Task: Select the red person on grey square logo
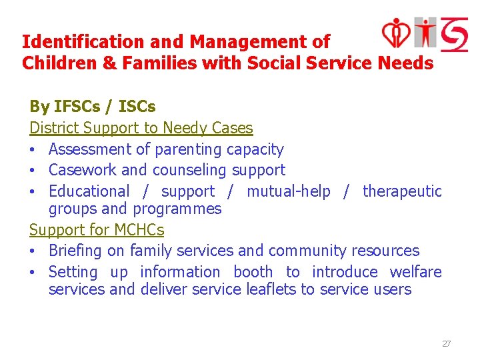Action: [425, 32]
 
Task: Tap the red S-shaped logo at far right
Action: [453, 33]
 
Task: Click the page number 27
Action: [446, 343]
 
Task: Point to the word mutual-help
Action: [288, 191]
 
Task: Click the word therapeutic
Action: [402, 191]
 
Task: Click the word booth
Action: [253, 272]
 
